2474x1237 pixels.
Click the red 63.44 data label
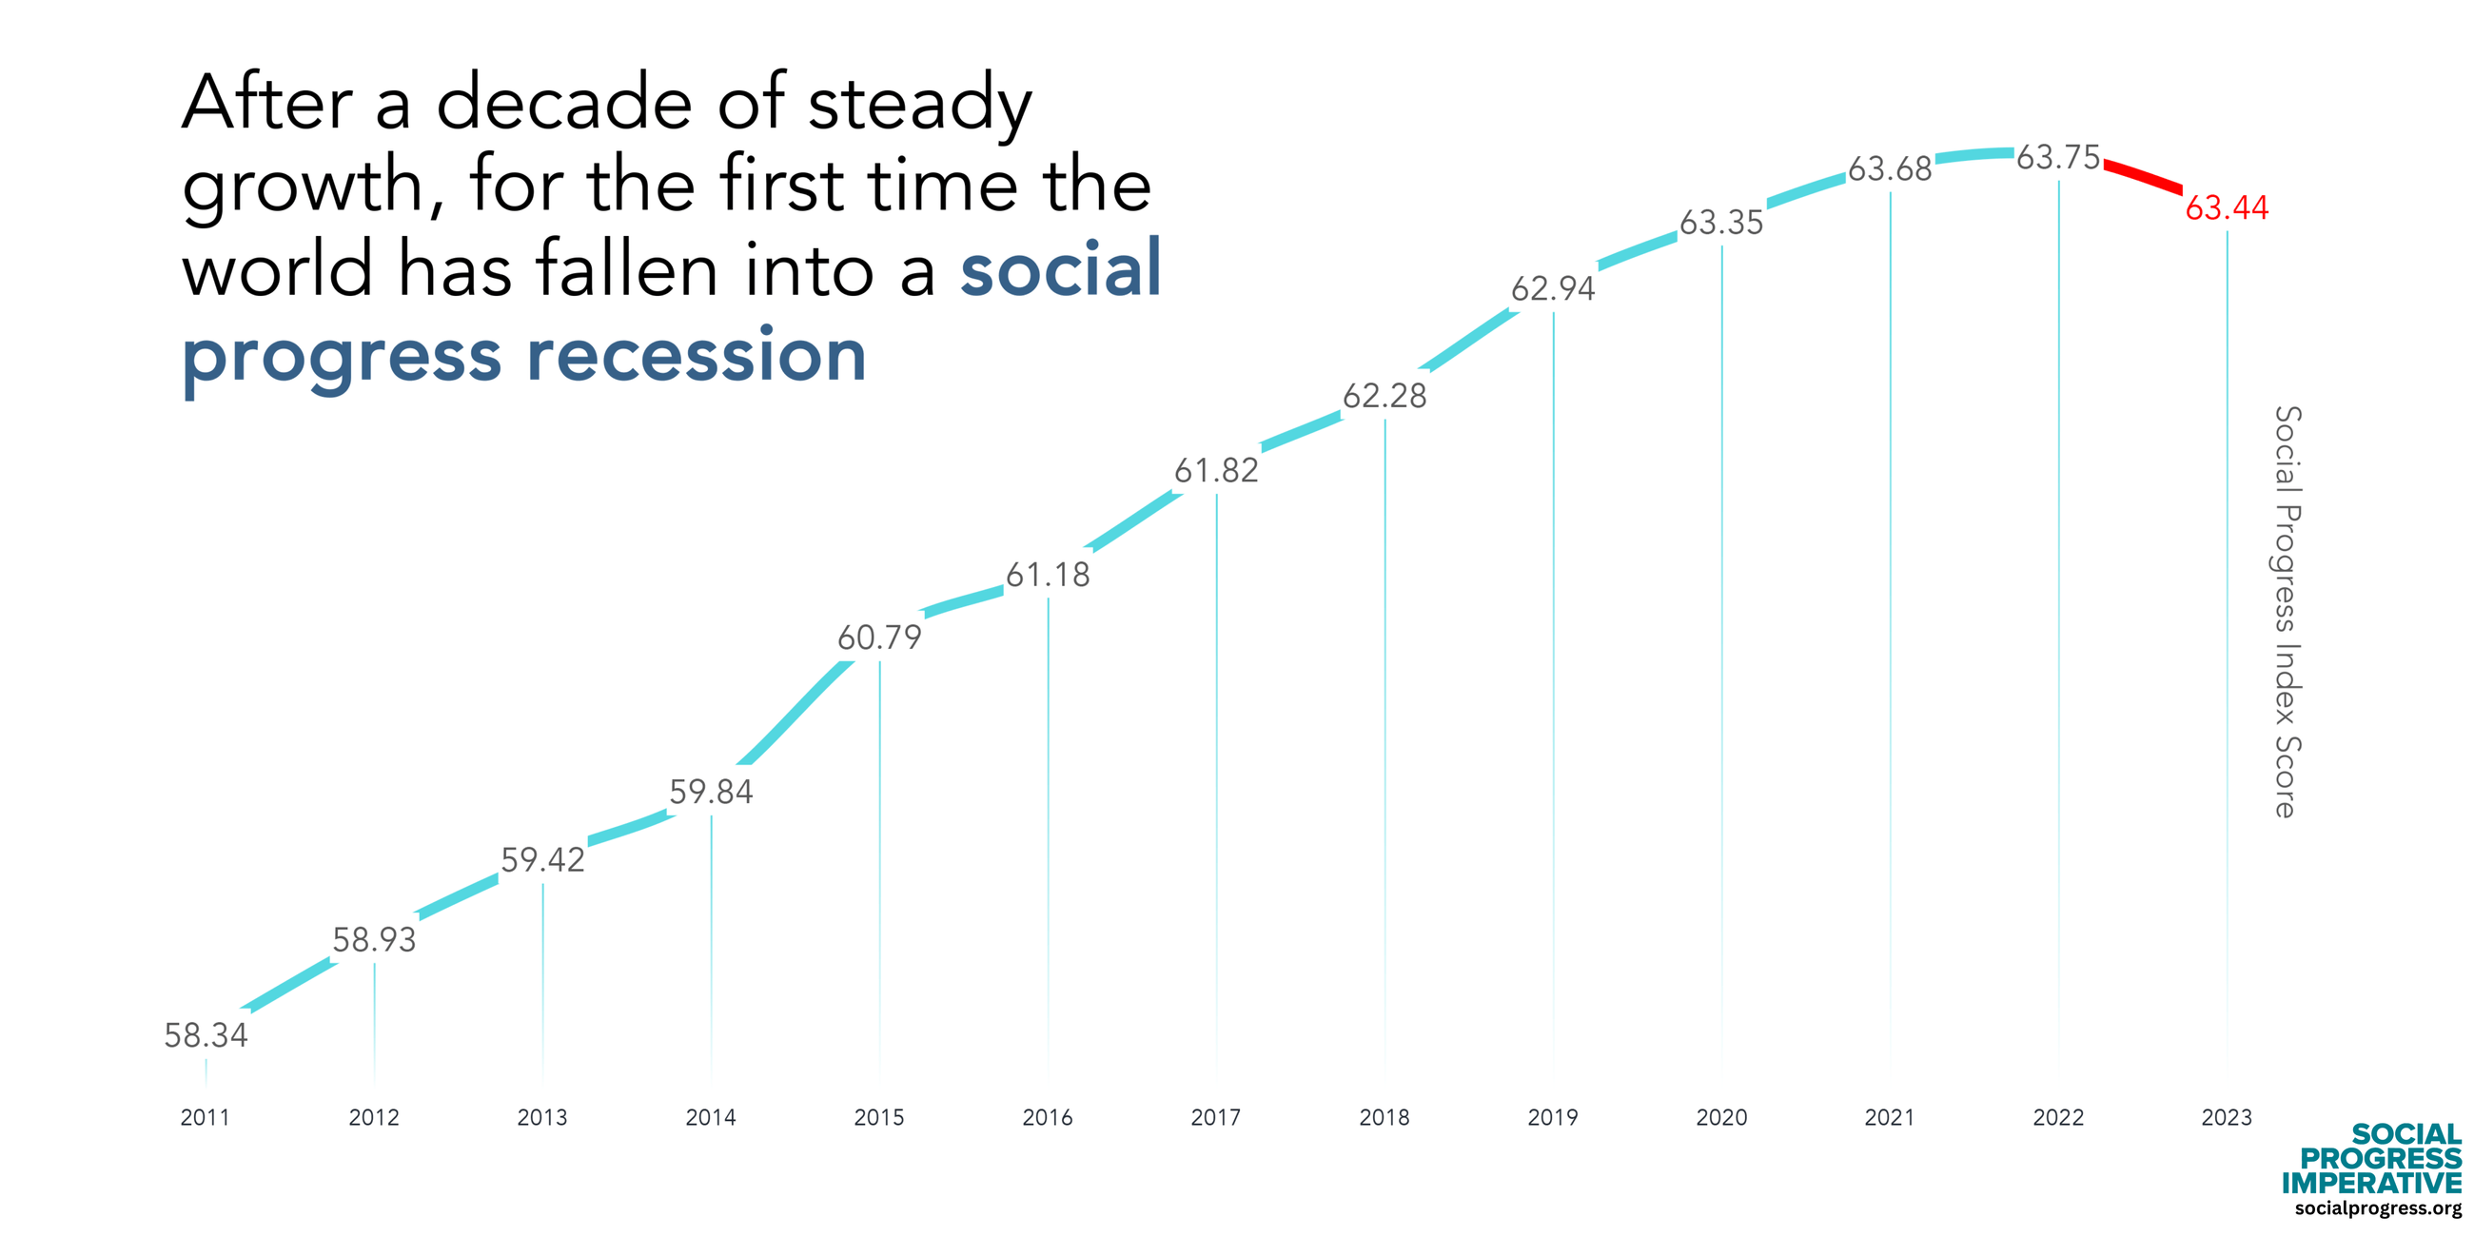pyautogui.click(x=2227, y=207)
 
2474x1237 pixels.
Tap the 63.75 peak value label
pyautogui.click(x=2057, y=158)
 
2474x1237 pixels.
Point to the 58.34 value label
pyautogui.click(x=206, y=1035)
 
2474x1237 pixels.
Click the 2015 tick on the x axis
pyautogui.click(x=879, y=1117)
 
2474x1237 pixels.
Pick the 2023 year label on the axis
pyautogui.click(x=2227, y=1117)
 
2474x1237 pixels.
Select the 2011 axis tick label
pyautogui.click(x=206, y=1117)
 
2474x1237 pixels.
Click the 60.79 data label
pyautogui.click(x=879, y=638)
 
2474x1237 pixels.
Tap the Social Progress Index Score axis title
pyautogui.click(x=2287, y=612)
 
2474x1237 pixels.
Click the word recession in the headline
pyautogui.click(x=697, y=355)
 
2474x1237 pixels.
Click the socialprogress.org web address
pyautogui.click(x=2378, y=1208)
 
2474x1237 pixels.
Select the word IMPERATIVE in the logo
pyautogui.click(x=2371, y=1182)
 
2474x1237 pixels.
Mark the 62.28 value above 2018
pyautogui.click(x=1384, y=396)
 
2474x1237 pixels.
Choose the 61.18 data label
pyautogui.click(x=1048, y=575)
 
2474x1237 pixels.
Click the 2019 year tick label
pyautogui.click(x=1553, y=1117)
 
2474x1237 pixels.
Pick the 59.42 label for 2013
pyautogui.click(x=542, y=859)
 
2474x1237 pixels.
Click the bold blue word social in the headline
pyautogui.click(x=1060, y=269)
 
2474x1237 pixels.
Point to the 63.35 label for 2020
pyautogui.click(x=1721, y=223)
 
